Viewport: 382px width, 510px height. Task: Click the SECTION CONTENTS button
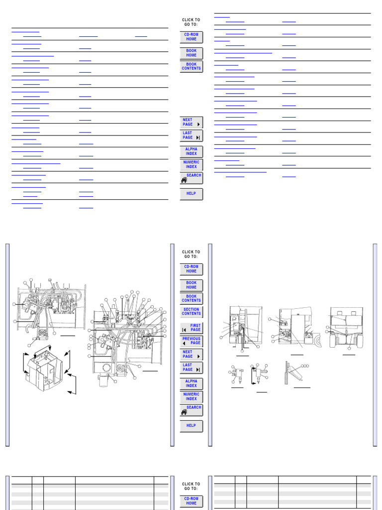point(191,311)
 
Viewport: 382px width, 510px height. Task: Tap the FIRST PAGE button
point(191,327)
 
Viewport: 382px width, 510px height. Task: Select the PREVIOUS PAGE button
point(191,341)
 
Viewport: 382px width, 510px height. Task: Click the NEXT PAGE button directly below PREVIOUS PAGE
point(191,354)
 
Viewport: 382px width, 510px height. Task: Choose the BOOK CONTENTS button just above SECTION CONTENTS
point(191,298)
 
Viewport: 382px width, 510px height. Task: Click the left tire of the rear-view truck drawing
point(332,340)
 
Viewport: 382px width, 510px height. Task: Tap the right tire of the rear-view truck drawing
point(360,340)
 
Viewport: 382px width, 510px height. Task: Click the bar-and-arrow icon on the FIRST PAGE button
point(184,330)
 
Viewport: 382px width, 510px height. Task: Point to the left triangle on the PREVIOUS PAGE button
point(185,343)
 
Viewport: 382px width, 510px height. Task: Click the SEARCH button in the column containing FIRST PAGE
point(191,410)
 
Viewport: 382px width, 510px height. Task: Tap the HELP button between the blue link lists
point(191,194)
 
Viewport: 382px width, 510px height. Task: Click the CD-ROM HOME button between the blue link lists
point(191,37)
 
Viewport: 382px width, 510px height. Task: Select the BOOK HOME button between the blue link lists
point(191,53)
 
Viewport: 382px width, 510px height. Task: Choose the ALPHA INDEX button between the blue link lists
point(191,151)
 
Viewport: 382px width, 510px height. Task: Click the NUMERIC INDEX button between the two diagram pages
point(191,396)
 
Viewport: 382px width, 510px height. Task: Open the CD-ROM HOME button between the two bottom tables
point(191,501)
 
